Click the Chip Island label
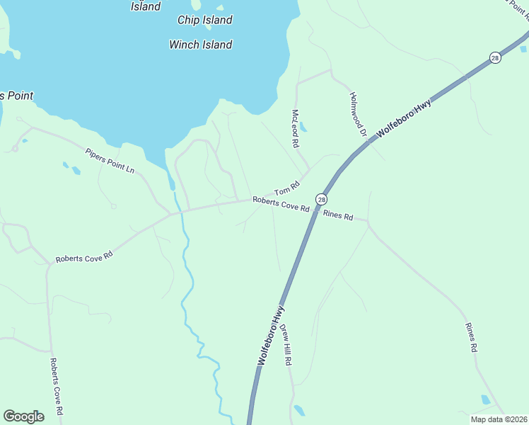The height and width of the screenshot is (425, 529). [204, 20]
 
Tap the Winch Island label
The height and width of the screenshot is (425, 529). [201, 45]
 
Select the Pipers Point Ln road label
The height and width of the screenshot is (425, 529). [110, 161]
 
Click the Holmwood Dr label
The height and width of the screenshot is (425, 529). [359, 114]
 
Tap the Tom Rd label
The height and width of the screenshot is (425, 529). [287, 188]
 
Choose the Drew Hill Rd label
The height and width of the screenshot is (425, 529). [286, 344]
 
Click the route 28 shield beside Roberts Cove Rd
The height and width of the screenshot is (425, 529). [322, 200]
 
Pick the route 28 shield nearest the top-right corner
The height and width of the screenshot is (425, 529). [496, 57]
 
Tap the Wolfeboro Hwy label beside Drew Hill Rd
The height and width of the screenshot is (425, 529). [272, 336]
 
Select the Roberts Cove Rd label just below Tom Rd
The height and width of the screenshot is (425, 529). [281, 205]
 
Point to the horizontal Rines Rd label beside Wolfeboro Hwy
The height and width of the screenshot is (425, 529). [338, 216]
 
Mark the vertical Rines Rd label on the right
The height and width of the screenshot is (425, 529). [472, 338]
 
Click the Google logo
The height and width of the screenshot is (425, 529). [23, 416]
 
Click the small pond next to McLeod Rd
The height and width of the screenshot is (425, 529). [303, 127]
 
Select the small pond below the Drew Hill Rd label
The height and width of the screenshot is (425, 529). [299, 410]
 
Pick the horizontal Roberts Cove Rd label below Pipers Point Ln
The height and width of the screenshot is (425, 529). [84, 256]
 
